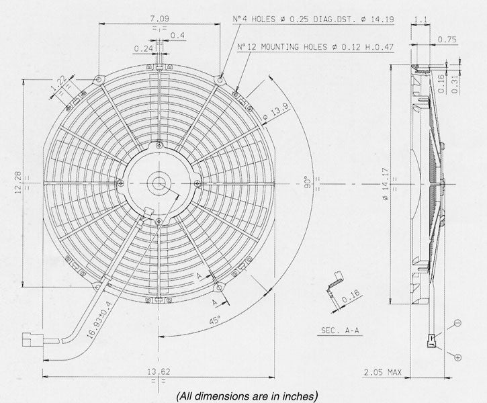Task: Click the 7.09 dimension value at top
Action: click(159, 17)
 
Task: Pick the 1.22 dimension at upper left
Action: click(59, 84)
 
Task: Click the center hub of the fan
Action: click(159, 183)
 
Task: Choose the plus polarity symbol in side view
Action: click(457, 357)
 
